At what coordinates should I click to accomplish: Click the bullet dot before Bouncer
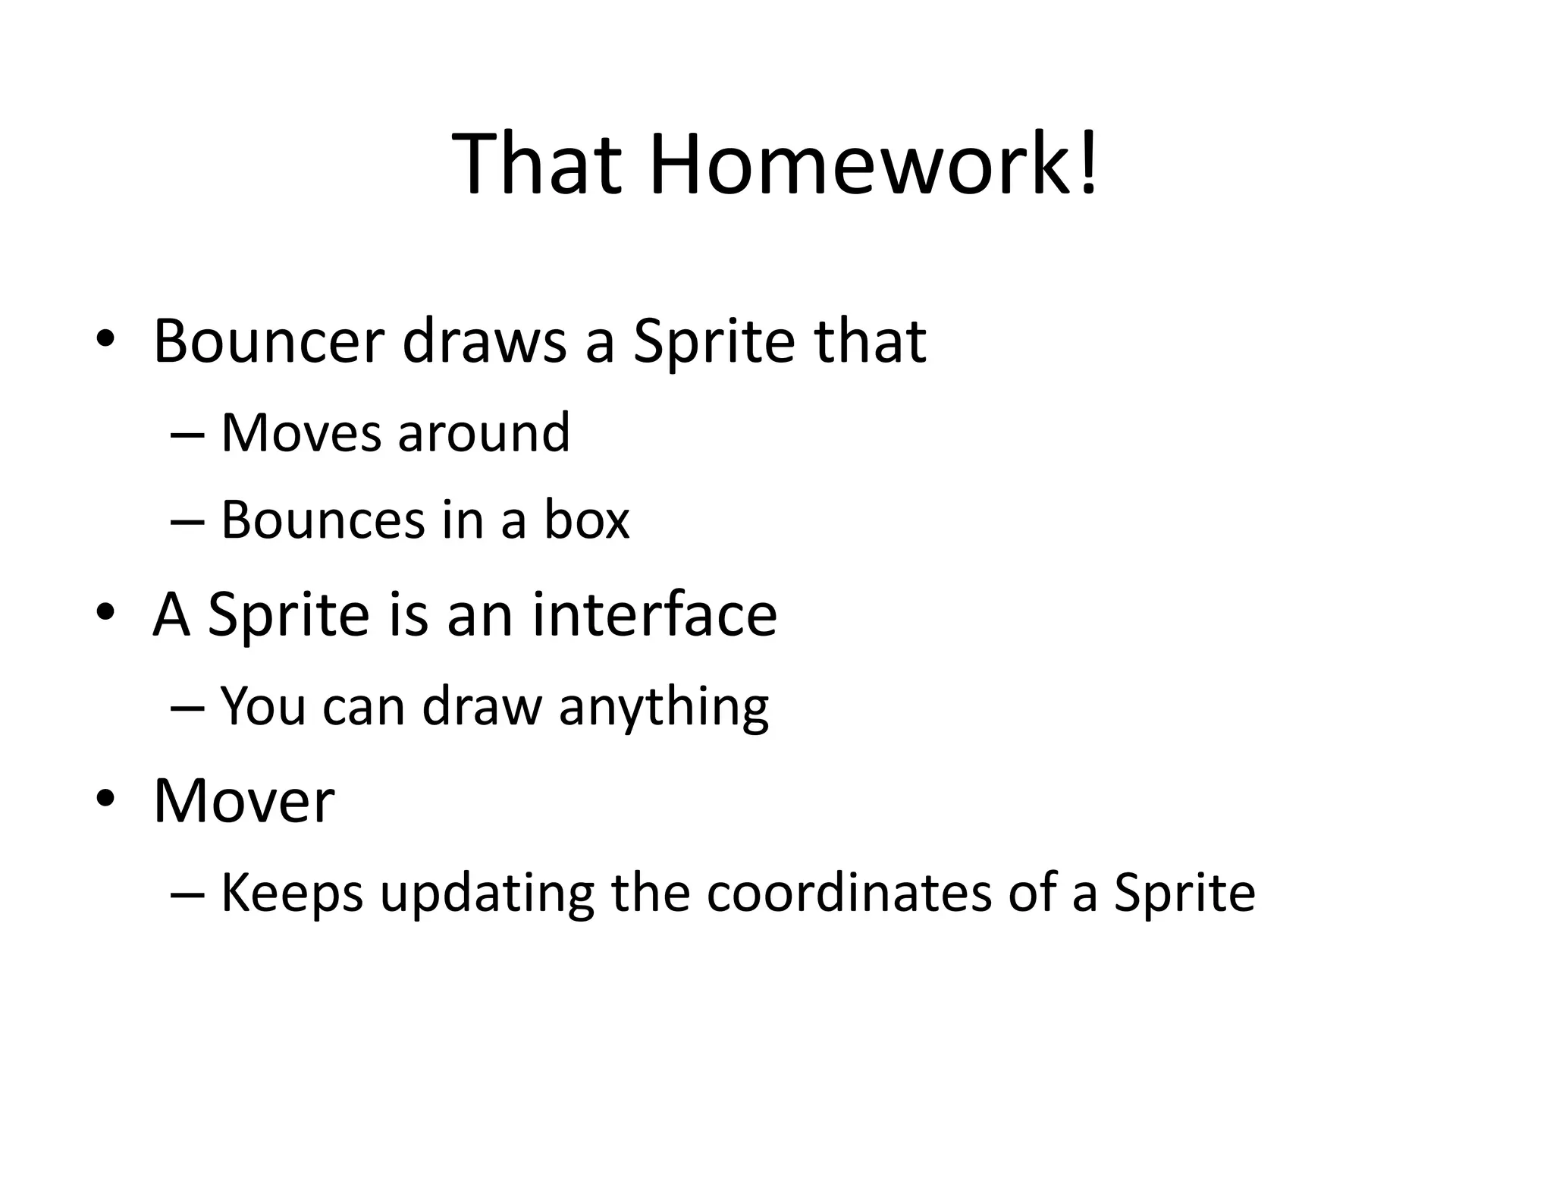[105, 338]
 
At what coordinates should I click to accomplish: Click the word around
[483, 432]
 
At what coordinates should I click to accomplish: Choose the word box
[586, 520]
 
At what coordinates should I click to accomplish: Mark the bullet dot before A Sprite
[105, 611]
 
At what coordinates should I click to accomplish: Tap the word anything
[664, 707]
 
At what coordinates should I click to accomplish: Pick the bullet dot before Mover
[105, 798]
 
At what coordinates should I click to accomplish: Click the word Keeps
[291, 894]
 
